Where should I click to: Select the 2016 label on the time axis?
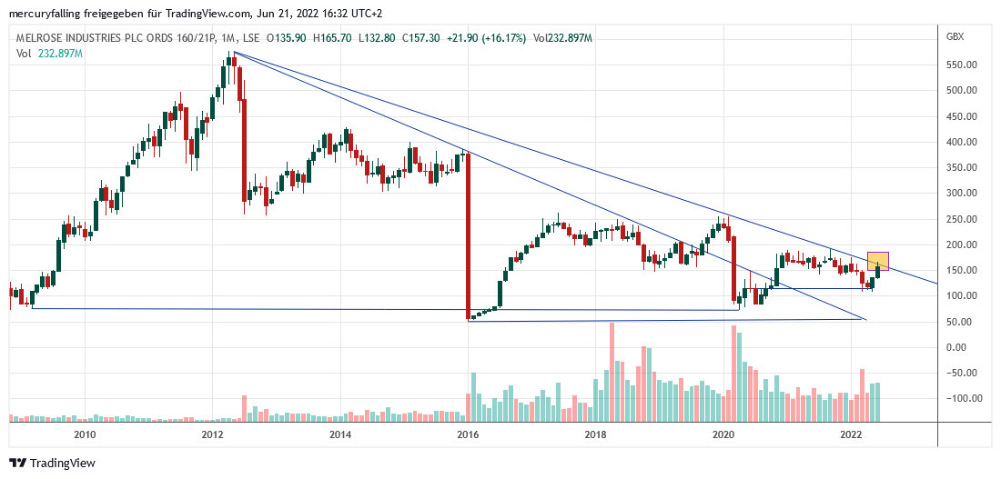click(x=468, y=434)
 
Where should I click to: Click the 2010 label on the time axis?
click(x=85, y=434)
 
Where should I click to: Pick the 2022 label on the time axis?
click(x=851, y=434)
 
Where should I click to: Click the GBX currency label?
click(x=955, y=36)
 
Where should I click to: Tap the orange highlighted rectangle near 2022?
click(x=878, y=260)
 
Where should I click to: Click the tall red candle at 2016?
click(x=468, y=236)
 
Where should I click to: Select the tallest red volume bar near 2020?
click(x=733, y=373)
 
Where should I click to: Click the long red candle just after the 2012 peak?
click(x=244, y=150)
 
